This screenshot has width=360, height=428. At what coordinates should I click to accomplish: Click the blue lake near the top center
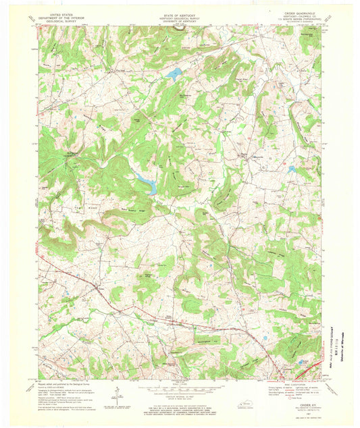point(174,74)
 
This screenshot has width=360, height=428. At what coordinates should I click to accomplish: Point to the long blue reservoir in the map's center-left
point(146,182)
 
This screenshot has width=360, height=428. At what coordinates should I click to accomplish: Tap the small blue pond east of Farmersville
point(291,169)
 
